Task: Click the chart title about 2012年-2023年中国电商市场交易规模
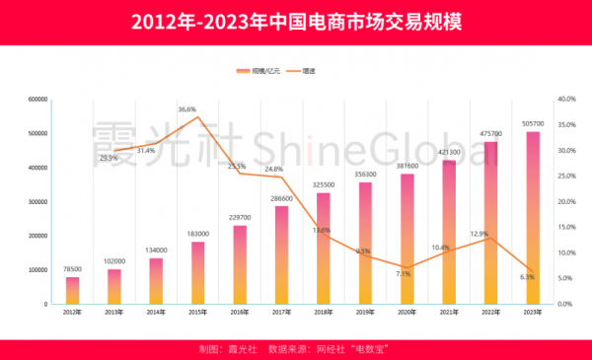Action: point(296,23)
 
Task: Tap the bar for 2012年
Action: point(72,290)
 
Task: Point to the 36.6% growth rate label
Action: point(187,108)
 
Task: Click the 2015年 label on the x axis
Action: point(197,312)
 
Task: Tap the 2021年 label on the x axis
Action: point(449,312)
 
